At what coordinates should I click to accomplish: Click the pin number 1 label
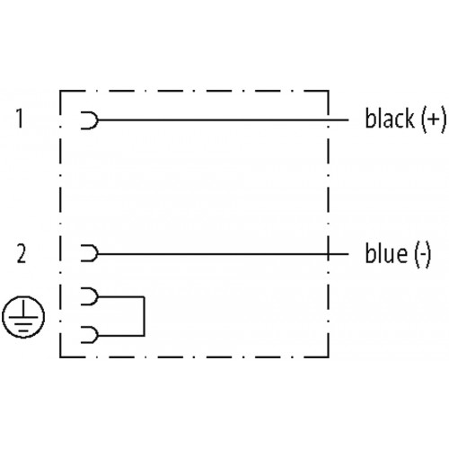pyautogui.click(x=20, y=119)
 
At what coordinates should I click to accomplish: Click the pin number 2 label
pyautogui.click(x=22, y=254)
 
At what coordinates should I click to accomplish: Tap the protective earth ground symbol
pyautogui.click(x=23, y=317)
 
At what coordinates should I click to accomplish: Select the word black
pyautogui.click(x=390, y=119)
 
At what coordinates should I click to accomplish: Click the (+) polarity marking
pyautogui.click(x=434, y=119)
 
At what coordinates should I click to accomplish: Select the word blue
pyautogui.click(x=386, y=253)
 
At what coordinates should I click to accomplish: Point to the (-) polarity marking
pyautogui.click(x=423, y=254)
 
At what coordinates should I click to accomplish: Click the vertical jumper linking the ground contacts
pyautogui.click(x=145, y=316)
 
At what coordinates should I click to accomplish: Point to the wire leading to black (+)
pyautogui.click(x=224, y=120)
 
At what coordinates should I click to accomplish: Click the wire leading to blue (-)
pyautogui.click(x=224, y=254)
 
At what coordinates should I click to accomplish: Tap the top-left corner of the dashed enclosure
pyautogui.click(x=60, y=91)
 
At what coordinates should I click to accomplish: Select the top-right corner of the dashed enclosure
pyautogui.click(x=329, y=91)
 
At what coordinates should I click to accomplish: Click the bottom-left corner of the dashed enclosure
pyautogui.click(x=60, y=357)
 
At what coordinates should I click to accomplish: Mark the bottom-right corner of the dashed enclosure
pyautogui.click(x=329, y=357)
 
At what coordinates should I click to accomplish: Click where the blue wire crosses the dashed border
pyautogui.click(x=329, y=254)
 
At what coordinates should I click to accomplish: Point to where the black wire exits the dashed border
pyautogui.click(x=329, y=120)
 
